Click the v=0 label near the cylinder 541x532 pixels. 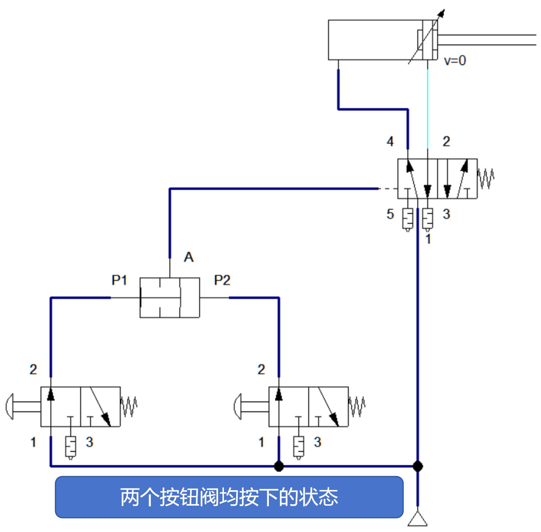click(455, 61)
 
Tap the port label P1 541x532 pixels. click(119, 280)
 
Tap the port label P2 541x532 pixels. click(222, 280)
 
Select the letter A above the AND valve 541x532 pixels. click(188, 257)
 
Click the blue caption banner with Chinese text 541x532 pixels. click(229, 497)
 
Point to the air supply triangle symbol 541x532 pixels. click(418, 519)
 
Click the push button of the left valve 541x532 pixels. click(10, 406)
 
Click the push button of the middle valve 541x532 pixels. click(238, 406)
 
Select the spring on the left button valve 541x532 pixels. click(129, 406)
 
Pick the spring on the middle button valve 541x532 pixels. click(357, 406)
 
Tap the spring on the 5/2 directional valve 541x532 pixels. click(486, 179)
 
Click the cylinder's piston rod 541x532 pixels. click(486, 40)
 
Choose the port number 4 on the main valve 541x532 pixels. click(390, 141)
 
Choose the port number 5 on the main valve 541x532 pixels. click(390, 214)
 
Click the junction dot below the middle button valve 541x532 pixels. click(279, 466)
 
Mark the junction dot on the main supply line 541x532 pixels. click(418, 466)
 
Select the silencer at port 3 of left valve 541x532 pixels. click(71, 447)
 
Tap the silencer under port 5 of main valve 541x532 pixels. click(408, 219)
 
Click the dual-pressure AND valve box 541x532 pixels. click(169, 298)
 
